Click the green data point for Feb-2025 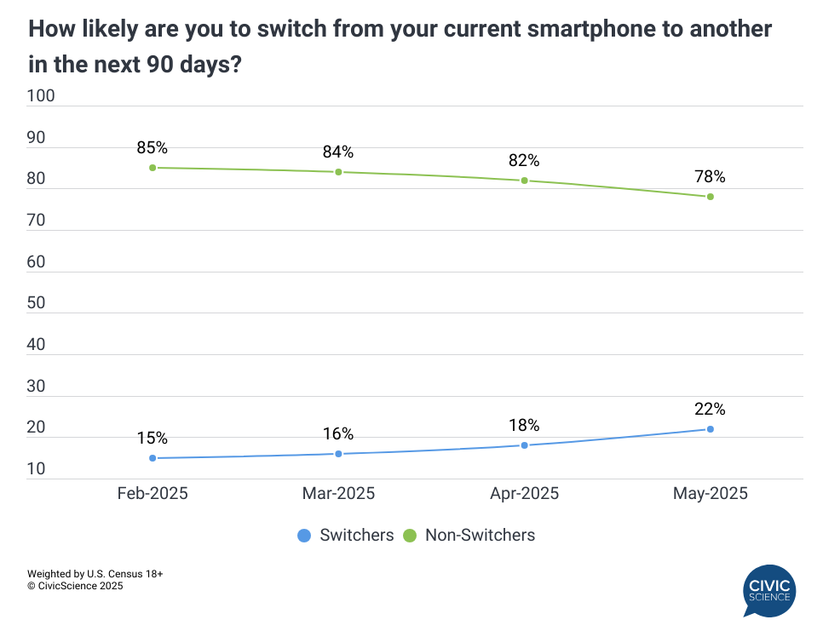click(153, 168)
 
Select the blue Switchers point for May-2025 click(710, 429)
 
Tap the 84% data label click(338, 152)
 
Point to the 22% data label click(710, 410)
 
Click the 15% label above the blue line click(153, 439)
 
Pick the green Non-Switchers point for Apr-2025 click(524, 181)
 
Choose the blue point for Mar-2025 click(338, 454)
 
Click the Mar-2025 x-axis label click(338, 494)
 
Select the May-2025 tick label click(710, 494)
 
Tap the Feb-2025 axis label click(153, 494)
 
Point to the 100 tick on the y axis click(41, 96)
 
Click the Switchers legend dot click(304, 536)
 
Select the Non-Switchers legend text click(480, 536)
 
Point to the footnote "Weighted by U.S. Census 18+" click(95, 574)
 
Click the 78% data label click(710, 177)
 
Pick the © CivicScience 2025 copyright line click(75, 586)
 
